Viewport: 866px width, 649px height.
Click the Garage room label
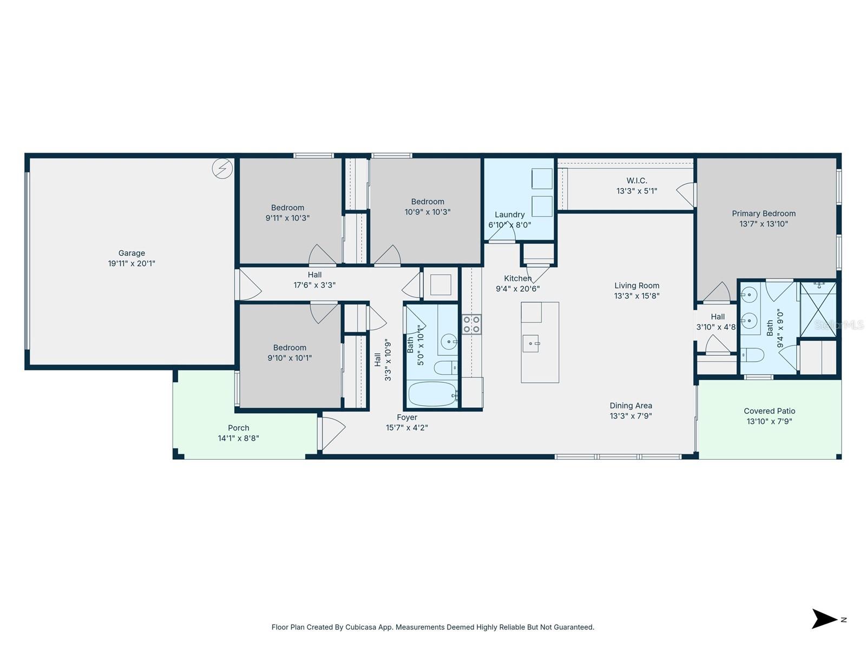[x=132, y=253]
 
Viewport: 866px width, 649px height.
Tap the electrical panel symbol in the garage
[x=222, y=169]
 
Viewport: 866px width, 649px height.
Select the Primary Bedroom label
[x=764, y=214]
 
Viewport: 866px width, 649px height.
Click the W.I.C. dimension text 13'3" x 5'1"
[x=637, y=191]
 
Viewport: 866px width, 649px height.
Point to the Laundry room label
[x=509, y=215]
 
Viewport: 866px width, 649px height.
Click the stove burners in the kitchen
[x=471, y=325]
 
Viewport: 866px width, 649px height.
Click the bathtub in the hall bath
[x=432, y=394]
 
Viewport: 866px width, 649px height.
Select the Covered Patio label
[x=769, y=411]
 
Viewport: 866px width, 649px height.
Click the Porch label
[x=238, y=428]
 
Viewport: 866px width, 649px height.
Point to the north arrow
[x=824, y=619]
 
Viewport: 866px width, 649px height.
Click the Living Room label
[x=637, y=286]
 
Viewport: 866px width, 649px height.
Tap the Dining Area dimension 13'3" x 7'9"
[x=631, y=416]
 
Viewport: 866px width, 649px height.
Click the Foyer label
[x=406, y=418]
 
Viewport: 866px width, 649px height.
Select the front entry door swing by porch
[x=333, y=433]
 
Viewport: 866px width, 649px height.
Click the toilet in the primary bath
[x=752, y=355]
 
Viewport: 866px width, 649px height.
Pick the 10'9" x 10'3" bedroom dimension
[x=427, y=212]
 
